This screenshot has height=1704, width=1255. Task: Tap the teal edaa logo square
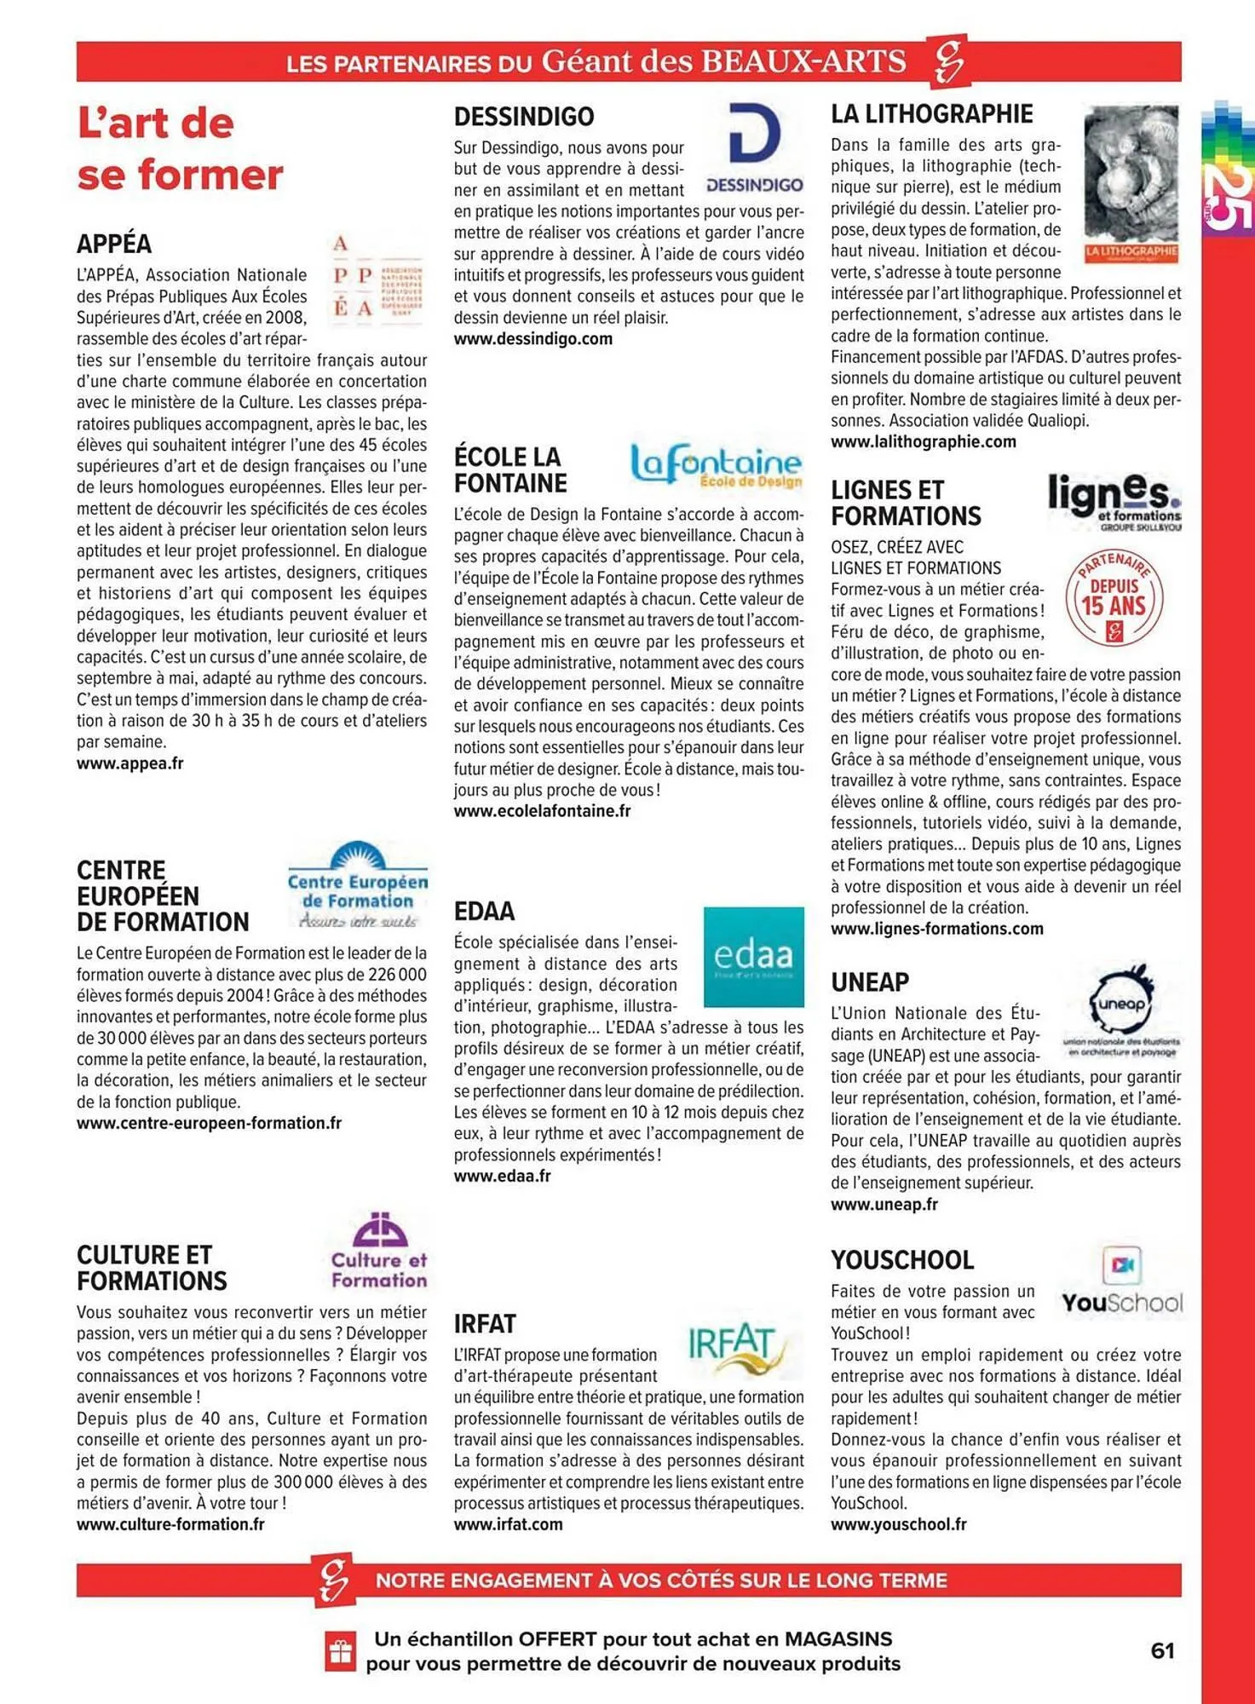[x=753, y=956]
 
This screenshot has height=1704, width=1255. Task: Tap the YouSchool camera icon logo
[x=1121, y=1265]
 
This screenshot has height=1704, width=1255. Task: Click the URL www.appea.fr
[x=130, y=763]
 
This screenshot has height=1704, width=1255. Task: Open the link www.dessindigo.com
[x=533, y=339]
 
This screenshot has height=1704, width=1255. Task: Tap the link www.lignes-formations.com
[x=936, y=929]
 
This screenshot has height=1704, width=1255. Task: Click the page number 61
[x=1162, y=1650]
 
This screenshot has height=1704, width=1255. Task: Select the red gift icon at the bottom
[x=340, y=1651]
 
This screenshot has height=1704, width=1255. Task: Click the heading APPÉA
[x=114, y=244]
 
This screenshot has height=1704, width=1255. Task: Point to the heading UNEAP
[x=870, y=982]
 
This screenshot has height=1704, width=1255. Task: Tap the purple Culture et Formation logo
[x=379, y=1251]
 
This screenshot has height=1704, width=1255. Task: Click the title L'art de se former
[x=180, y=149]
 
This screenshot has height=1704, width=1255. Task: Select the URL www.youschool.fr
[x=898, y=1524]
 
